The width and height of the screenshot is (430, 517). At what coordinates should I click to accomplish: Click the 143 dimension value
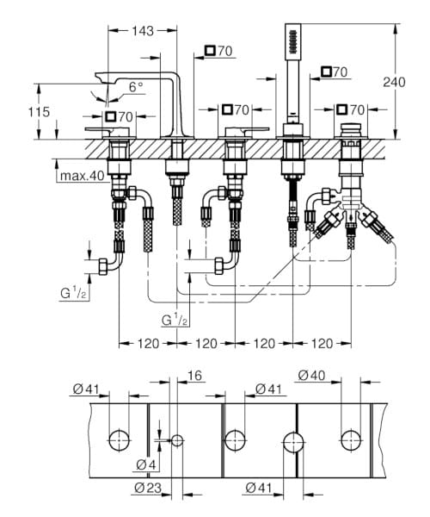coord(143,31)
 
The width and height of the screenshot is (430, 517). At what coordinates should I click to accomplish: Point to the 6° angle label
coord(136,86)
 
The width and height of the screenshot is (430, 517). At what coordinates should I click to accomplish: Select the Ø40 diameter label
coord(311,376)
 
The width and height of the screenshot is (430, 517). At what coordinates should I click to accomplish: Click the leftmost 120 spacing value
coord(143,344)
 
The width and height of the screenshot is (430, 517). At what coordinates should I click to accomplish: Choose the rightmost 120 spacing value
coord(320,344)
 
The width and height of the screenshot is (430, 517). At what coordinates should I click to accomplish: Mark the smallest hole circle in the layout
coord(177,440)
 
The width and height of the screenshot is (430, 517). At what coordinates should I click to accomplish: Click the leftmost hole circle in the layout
coord(119,439)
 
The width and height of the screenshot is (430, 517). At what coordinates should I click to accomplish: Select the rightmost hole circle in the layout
coord(351,439)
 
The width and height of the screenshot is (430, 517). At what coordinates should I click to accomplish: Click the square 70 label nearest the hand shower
coord(335,72)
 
